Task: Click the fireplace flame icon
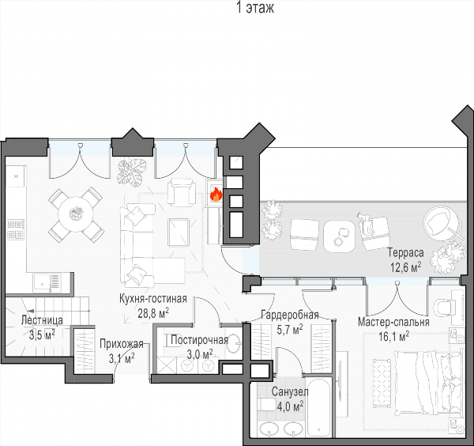click(216, 195)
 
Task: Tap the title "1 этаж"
click(255, 8)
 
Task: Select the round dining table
click(75, 214)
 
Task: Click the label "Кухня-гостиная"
click(153, 299)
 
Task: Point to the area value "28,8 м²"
click(153, 313)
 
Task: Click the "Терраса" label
click(406, 252)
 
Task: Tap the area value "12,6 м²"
click(406, 267)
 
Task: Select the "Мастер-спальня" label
click(393, 322)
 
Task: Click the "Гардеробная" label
click(290, 315)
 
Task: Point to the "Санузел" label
click(290, 392)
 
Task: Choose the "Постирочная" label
click(199, 340)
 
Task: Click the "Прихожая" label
click(121, 344)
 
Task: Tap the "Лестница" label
click(42, 320)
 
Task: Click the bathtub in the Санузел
click(318, 407)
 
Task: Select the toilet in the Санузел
click(267, 404)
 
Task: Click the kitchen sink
click(47, 282)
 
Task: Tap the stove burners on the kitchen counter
click(16, 229)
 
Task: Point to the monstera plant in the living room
click(131, 172)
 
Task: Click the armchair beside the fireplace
click(181, 192)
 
